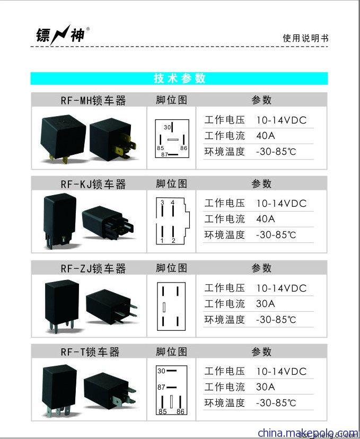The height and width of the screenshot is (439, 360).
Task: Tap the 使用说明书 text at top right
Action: click(x=305, y=38)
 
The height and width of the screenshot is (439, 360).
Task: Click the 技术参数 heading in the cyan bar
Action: click(x=179, y=78)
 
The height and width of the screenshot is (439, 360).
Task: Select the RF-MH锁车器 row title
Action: click(x=93, y=100)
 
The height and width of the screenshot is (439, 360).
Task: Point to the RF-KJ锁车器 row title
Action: click(x=93, y=184)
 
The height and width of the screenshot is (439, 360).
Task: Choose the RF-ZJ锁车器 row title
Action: click(x=93, y=268)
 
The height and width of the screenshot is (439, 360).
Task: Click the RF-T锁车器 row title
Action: click(x=90, y=352)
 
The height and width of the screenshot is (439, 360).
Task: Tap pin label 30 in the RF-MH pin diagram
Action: click(x=168, y=127)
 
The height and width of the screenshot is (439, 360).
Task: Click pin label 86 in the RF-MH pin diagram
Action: click(x=183, y=148)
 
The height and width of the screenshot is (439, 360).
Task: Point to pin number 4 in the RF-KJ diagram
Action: click(x=173, y=202)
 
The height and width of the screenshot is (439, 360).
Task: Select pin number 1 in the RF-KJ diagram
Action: click(x=162, y=241)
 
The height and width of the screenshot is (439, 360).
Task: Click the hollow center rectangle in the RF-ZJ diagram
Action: click(x=164, y=307)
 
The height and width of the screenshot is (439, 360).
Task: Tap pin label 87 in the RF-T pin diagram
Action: click(x=161, y=387)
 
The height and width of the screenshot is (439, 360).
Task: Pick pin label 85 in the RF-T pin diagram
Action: click(x=162, y=411)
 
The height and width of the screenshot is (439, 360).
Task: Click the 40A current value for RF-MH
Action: click(x=266, y=136)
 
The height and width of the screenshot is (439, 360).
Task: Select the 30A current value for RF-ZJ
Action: click(x=266, y=304)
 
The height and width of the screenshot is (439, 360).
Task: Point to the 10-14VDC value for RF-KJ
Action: click(x=282, y=204)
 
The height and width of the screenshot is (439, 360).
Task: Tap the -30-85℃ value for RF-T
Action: click(x=276, y=403)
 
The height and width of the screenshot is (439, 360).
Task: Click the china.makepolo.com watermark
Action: click(x=308, y=433)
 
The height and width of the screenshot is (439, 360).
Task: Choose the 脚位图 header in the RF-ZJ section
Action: click(x=172, y=268)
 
